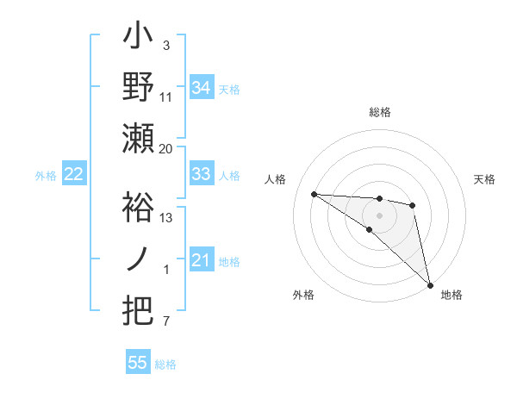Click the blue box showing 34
[x=202, y=87]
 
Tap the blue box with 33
[x=202, y=174]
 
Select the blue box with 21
[x=202, y=260]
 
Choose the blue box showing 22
[x=74, y=174]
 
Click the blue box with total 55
[x=138, y=363]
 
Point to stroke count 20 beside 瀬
[x=166, y=149]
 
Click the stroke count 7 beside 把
[x=166, y=322]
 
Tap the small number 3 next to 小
[x=166, y=45]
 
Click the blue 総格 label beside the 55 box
[x=165, y=364]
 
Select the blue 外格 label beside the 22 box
[x=46, y=176]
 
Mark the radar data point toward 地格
[x=430, y=284]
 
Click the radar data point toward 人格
[x=314, y=194]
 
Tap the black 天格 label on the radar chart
[x=484, y=179]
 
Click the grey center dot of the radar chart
[x=380, y=214]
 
